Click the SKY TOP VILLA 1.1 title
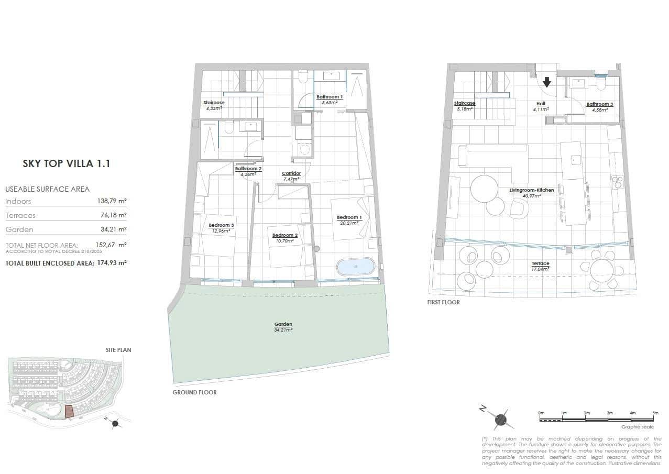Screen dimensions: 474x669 (x=66, y=163)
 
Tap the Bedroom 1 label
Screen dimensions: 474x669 (x=348, y=217)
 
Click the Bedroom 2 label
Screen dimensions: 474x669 (x=284, y=235)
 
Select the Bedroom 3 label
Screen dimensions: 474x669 (x=221, y=225)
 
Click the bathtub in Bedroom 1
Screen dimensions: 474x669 (x=356, y=267)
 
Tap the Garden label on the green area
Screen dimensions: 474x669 (x=283, y=324)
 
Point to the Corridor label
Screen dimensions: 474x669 (x=291, y=173)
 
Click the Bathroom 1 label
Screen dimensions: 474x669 (x=330, y=97)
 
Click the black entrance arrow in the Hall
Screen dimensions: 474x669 (x=547, y=82)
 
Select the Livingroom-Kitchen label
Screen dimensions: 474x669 (x=531, y=190)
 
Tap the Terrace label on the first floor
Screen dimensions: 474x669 (x=540, y=263)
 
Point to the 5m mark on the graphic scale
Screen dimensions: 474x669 (x=655, y=413)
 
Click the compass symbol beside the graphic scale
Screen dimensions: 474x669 (x=500, y=418)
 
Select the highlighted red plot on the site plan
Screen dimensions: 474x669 (x=69, y=412)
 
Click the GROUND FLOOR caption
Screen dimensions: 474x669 (x=194, y=392)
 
